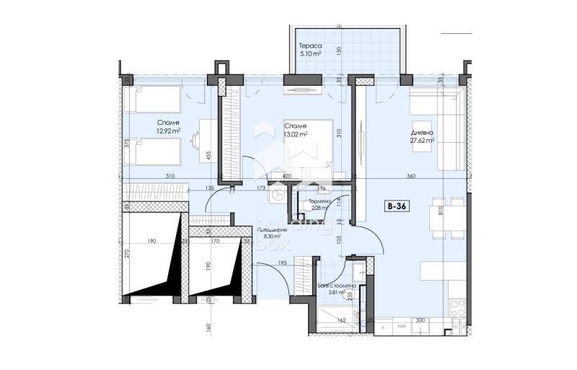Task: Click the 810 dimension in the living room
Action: pyautogui.click(x=458, y=213)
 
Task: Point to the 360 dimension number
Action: pyautogui.click(x=410, y=177)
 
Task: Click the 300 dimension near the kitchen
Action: pyautogui.click(x=420, y=320)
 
